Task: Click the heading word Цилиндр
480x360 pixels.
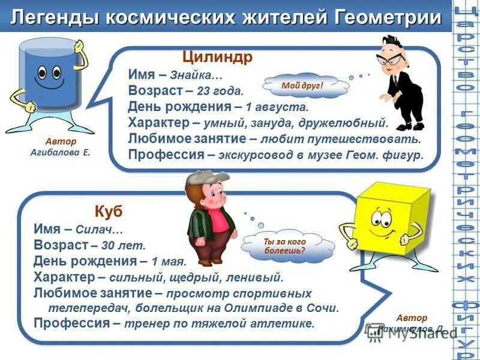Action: point(218,58)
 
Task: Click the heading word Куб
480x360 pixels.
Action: point(108,211)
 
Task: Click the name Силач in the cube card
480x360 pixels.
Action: point(101,230)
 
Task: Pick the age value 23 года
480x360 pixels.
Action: point(220,92)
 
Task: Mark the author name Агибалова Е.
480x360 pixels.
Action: point(61,153)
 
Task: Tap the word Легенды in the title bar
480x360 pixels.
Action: point(56,17)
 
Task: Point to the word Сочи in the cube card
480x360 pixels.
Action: point(325,308)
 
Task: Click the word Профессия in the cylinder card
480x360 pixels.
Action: point(166,155)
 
